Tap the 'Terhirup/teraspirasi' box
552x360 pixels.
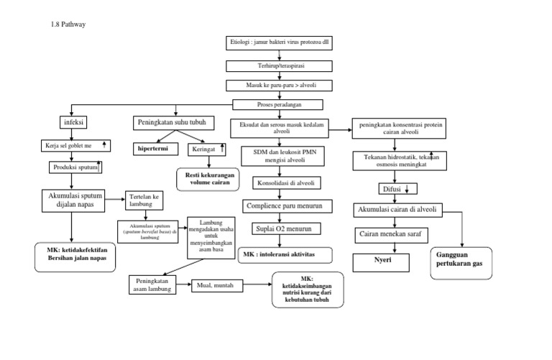click(x=279, y=65)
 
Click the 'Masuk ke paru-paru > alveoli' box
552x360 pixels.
click(x=279, y=85)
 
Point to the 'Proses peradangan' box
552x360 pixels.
click(x=279, y=105)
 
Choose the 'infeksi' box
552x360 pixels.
click(x=75, y=123)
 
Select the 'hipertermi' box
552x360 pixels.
click(x=153, y=149)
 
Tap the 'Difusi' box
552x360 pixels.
click(x=395, y=189)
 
